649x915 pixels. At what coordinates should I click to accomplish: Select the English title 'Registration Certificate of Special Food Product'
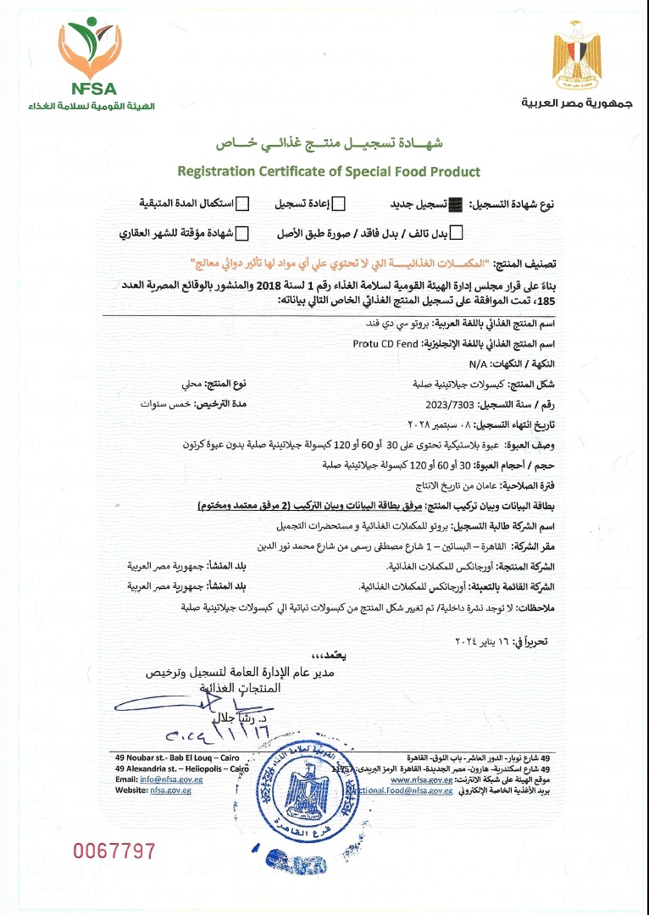click(x=329, y=171)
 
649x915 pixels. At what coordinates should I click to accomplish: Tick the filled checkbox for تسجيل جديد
click(x=457, y=203)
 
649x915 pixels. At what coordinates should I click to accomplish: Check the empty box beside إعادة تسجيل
click(x=338, y=203)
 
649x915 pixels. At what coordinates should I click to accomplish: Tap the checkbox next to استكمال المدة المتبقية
click(x=242, y=203)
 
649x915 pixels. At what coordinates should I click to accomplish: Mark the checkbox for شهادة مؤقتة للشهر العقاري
click(x=242, y=233)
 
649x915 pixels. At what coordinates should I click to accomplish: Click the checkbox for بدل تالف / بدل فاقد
click(x=457, y=233)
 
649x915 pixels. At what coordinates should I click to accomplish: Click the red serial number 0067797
click(x=114, y=850)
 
